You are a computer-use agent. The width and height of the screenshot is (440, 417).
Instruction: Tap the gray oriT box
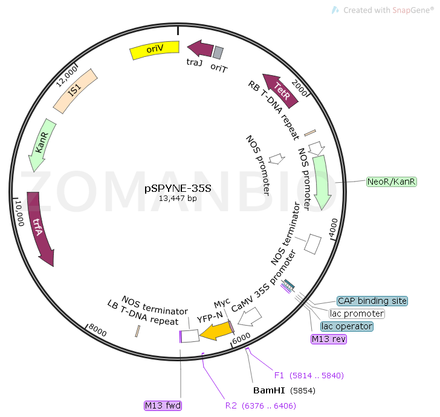[x=218, y=53]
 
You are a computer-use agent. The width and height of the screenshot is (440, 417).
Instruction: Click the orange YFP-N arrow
[x=216, y=331]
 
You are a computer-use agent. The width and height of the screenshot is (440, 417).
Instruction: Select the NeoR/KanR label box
[x=392, y=182]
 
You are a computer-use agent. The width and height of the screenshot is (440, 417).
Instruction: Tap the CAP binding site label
[x=372, y=301]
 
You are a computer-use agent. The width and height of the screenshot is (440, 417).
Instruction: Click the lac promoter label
[x=357, y=314]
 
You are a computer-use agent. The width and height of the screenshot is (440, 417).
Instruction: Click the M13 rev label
[x=329, y=339]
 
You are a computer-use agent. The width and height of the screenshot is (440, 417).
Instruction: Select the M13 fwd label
[x=163, y=405]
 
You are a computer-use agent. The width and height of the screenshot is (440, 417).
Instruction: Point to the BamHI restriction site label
[x=269, y=390]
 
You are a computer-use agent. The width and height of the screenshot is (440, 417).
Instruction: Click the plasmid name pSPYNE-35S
[x=178, y=188]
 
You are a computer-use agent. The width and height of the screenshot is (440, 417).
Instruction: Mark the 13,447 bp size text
[x=178, y=198]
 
